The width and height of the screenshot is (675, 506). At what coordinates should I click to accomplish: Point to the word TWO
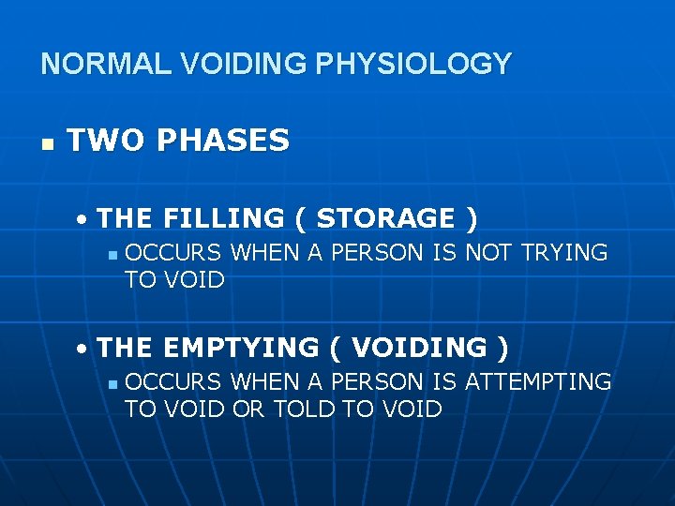103,141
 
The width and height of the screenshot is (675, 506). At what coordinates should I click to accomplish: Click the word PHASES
223,141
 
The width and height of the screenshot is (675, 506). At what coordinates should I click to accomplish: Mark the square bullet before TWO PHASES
46,142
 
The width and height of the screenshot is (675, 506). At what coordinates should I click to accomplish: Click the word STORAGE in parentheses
385,218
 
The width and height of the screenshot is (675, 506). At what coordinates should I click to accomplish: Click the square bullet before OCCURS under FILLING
112,255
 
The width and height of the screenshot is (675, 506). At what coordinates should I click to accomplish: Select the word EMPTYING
240,348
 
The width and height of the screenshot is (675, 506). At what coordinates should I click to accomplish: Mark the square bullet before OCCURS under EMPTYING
112,384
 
